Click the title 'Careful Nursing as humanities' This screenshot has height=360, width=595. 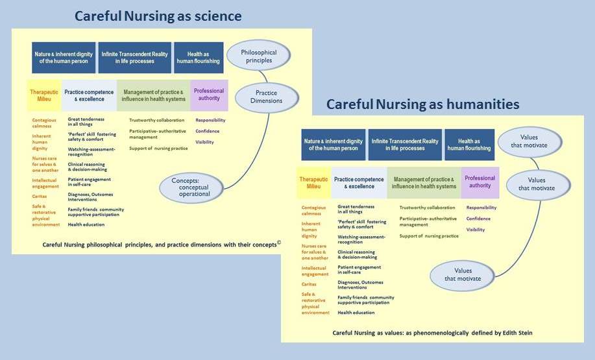tap(422, 104)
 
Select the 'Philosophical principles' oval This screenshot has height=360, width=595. tap(258, 56)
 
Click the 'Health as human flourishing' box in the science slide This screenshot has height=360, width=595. tap(199, 58)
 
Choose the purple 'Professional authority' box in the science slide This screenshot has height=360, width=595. tap(209, 95)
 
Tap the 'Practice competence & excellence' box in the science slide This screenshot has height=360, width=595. tap(89, 95)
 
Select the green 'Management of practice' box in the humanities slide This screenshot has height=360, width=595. tap(424, 182)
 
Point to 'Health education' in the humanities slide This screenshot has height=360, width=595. tap(356, 313)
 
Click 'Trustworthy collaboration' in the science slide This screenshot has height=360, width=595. tap(156, 120)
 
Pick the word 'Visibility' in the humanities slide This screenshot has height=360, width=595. tap(476, 230)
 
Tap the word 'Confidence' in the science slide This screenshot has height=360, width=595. tap(208, 131)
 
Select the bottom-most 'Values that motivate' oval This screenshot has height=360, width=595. tap(463, 274)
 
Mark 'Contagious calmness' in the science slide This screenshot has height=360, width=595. tap(45, 123)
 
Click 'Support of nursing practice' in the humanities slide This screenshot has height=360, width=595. tap(429, 235)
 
